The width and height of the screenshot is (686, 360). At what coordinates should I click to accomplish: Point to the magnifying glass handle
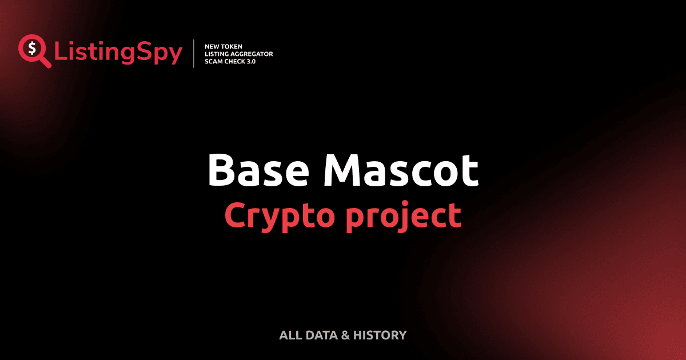coord(46,62)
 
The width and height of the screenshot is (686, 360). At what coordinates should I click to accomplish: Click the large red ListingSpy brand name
coord(118,53)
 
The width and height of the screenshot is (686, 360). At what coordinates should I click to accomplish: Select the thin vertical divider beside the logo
coord(196,54)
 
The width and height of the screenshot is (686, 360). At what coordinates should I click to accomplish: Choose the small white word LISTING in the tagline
coord(217,54)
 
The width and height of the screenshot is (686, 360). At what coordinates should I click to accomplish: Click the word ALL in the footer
coord(289,335)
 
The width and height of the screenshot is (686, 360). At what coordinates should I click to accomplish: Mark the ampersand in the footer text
coord(345,335)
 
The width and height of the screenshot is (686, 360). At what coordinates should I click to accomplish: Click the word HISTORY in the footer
coord(380,335)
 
